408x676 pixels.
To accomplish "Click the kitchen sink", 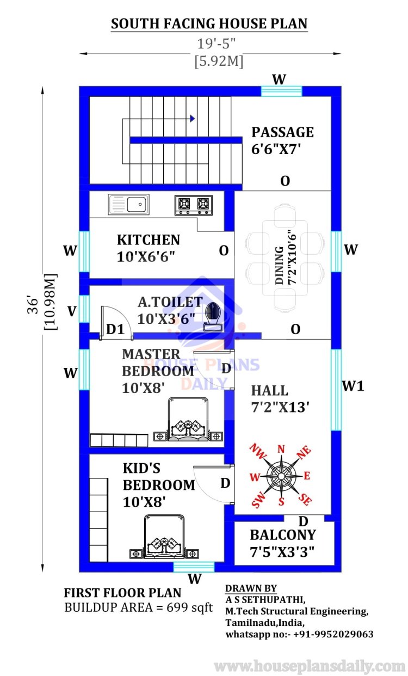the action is (128, 204).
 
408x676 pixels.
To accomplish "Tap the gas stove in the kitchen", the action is (194, 205).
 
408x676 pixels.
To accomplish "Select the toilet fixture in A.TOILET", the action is (213, 317).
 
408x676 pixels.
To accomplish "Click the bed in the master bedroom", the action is (188, 419).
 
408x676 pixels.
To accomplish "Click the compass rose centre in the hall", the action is (281, 476).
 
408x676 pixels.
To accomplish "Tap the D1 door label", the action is (115, 329).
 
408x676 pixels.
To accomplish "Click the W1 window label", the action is (353, 386).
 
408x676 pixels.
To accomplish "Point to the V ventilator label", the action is (72, 311).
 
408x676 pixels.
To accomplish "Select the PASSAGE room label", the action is (282, 132).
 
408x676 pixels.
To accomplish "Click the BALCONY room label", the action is (283, 535).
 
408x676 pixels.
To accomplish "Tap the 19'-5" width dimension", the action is (216, 44).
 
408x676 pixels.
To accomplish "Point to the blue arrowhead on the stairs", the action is (193, 119).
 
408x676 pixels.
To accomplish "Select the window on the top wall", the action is (281, 91).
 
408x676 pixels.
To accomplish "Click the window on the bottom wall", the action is (194, 567).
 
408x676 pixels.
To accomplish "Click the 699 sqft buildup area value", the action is (190, 607).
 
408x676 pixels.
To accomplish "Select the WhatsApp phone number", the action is (333, 634).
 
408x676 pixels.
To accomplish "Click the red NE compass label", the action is (304, 452).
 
